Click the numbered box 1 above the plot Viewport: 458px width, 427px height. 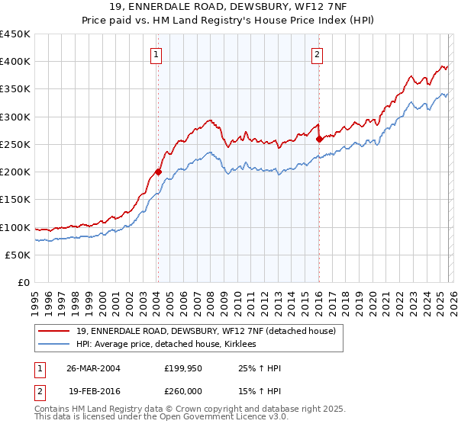pos(156,54)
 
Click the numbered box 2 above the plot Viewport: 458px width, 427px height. pos(316,54)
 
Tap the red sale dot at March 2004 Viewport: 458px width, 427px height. pos(158,172)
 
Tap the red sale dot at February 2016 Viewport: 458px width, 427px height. pos(319,139)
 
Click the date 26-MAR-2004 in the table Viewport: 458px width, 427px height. pos(93,368)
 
